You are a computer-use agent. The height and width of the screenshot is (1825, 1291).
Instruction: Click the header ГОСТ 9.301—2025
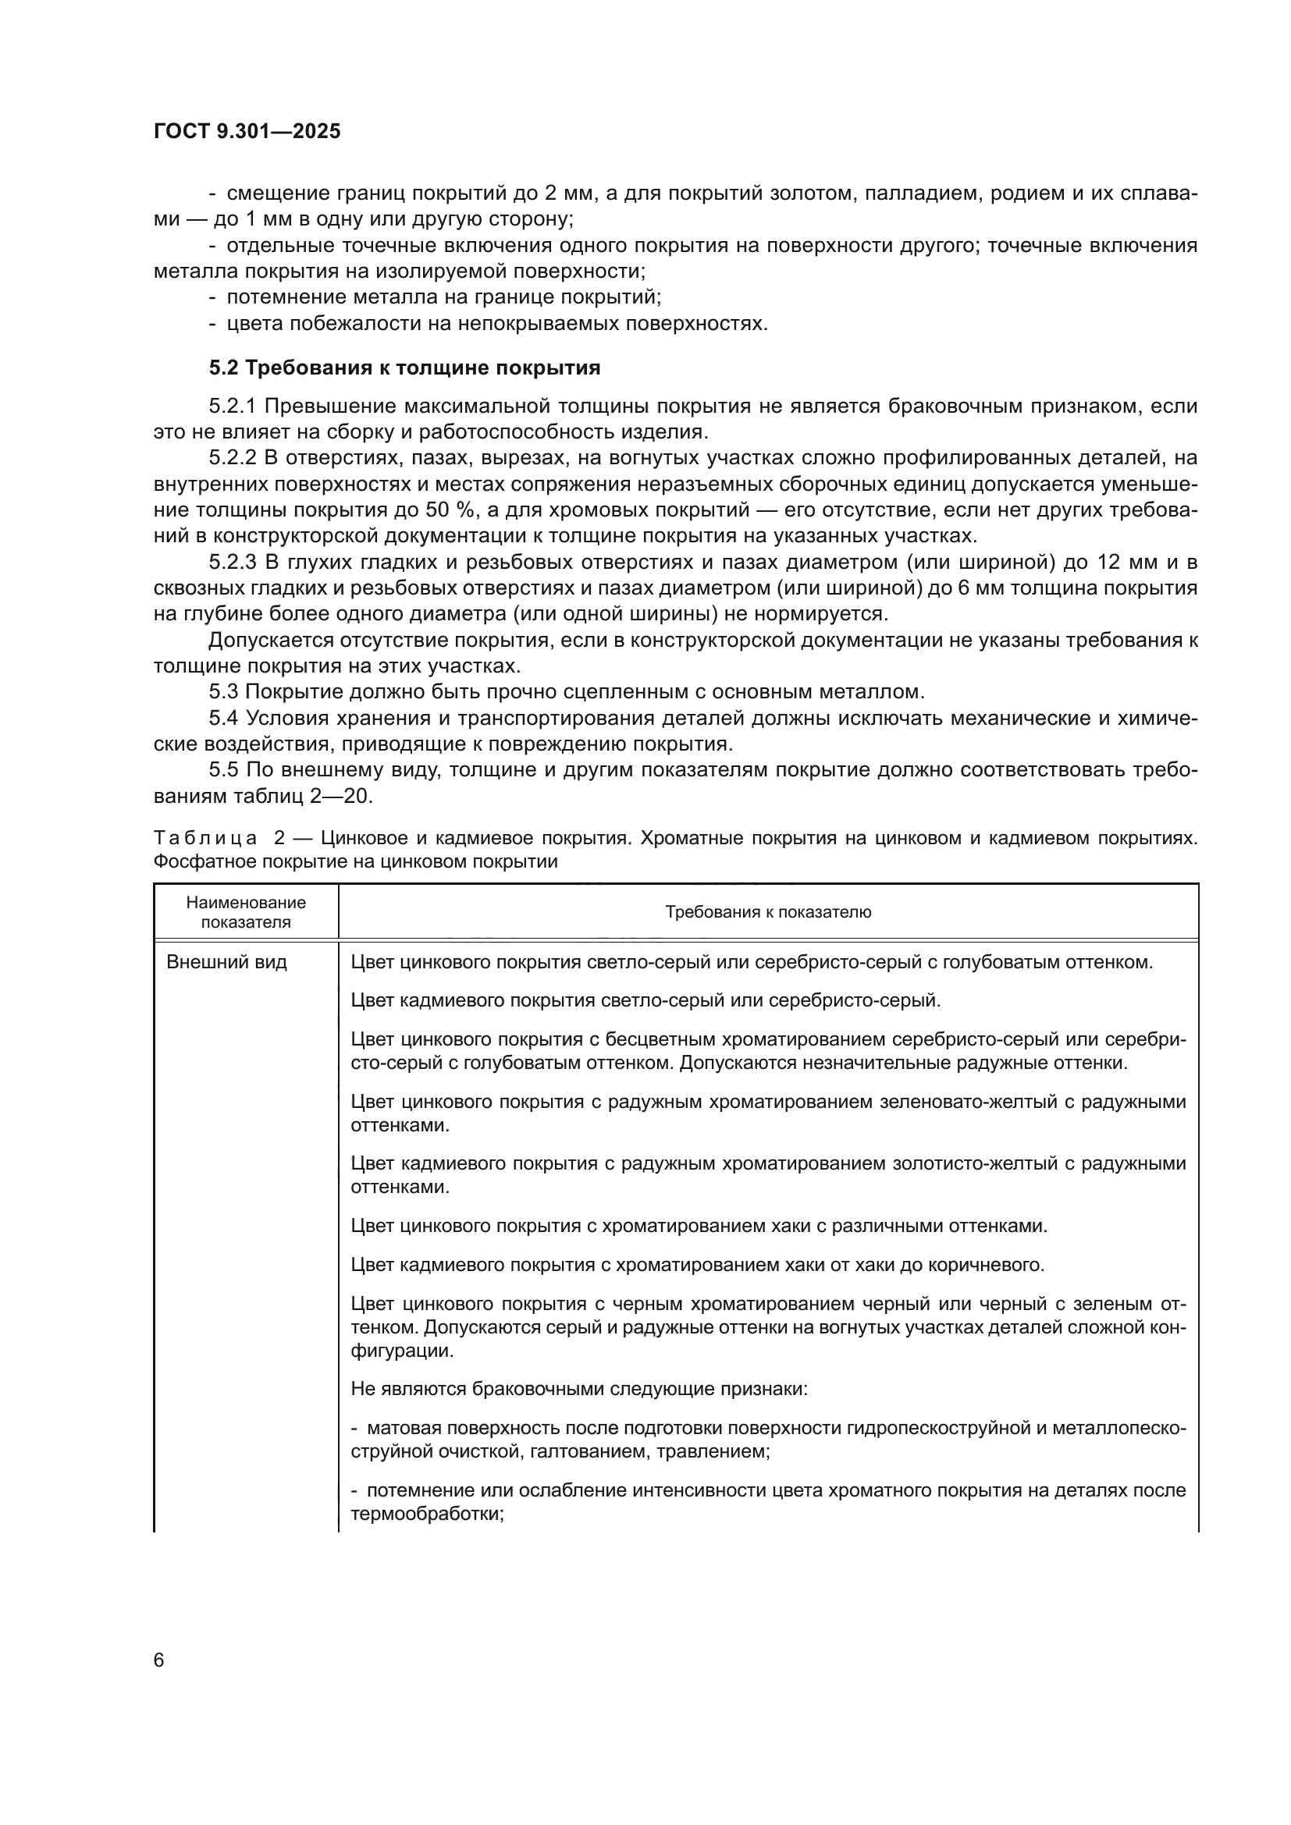click(x=247, y=131)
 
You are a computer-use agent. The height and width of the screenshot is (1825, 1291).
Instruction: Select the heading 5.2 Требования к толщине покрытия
click(x=404, y=368)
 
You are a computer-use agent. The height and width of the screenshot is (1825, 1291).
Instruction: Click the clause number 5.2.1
click(x=232, y=407)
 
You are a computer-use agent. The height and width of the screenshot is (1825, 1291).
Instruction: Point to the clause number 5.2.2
click(x=232, y=458)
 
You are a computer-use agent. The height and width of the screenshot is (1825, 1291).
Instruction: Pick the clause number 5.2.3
click(x=232, y=563)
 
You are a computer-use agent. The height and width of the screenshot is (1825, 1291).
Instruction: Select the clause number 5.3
click(x=223, y=691)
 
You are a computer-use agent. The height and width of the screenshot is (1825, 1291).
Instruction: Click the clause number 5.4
click(x=223, y=718)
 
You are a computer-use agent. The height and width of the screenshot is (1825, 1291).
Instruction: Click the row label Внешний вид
click(x=226, y=963)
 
